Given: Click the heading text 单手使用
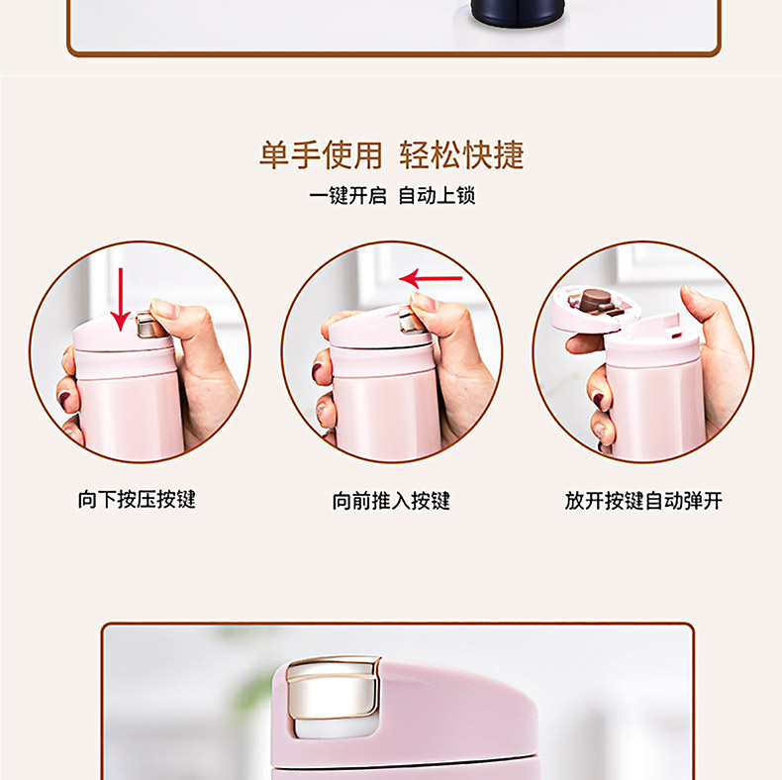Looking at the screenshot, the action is (321, 155).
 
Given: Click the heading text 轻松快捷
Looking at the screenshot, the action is (461, 155).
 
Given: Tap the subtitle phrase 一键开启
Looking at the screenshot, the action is (347, 195).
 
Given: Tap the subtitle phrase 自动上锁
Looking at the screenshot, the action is (437, 195).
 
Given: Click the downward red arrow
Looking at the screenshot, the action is (120, 299).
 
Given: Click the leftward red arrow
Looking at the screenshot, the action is (431, 278).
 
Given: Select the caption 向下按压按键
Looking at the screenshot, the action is (137, 499).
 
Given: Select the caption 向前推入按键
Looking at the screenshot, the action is (391, 500).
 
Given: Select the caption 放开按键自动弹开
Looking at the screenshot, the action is (643, 500).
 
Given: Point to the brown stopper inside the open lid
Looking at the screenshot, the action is (595, 300).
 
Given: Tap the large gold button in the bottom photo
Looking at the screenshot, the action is (332, 688).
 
